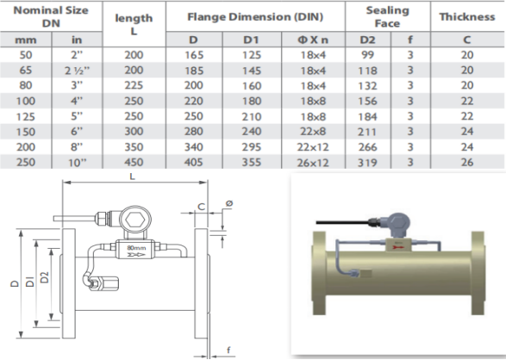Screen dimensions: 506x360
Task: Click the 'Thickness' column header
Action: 467,16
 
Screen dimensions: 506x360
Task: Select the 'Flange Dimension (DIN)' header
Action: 255,16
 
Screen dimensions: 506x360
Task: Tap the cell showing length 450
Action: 134,162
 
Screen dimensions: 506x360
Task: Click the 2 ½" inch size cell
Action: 77,71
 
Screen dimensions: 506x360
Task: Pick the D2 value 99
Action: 367,55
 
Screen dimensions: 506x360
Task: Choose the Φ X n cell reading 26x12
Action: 313,163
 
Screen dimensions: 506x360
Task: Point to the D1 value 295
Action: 252,147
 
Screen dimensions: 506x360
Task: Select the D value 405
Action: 194,162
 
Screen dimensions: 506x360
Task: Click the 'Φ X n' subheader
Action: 313,40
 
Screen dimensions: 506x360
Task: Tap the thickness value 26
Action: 467,162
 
